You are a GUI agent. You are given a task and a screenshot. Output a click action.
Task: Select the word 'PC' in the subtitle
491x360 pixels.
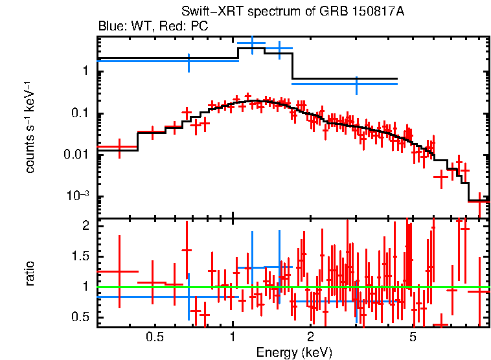point(199,27)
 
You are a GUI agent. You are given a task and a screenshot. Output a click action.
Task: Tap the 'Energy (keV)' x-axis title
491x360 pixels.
point(294,352)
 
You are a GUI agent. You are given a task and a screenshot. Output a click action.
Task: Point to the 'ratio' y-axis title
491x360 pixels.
point(30,273)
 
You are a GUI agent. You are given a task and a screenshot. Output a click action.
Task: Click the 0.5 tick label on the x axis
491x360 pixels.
point(154,337)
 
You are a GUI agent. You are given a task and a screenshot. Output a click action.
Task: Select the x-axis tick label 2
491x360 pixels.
point(311,337)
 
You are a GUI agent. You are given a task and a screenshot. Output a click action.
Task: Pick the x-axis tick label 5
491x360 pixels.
point(412,337)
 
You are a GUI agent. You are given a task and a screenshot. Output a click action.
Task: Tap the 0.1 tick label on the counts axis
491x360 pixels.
point(79,114)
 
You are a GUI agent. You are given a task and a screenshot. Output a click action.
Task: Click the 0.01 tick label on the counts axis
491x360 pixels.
point(76,155)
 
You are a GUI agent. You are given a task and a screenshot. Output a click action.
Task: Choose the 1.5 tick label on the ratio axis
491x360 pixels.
point(79,256)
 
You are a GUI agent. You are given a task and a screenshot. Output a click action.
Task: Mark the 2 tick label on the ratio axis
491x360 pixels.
point(84,225)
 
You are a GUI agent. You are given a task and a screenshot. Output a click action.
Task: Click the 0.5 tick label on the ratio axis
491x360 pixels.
point(79,317)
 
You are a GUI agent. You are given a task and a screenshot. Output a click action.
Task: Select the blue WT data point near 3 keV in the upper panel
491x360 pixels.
point(356,84)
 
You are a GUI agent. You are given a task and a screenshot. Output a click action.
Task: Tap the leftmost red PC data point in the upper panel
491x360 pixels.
point(119,148)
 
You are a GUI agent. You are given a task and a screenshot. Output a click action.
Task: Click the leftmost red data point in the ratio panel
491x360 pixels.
point(119,271)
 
